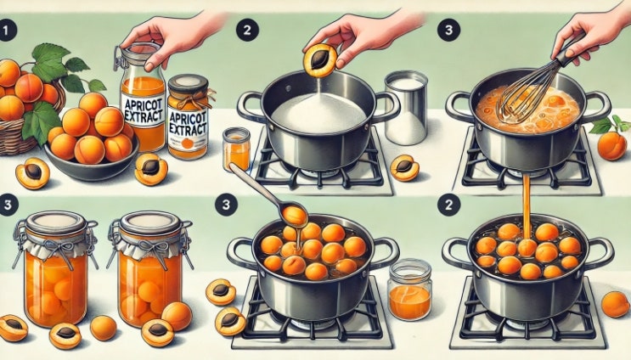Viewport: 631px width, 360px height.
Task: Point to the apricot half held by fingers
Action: pyautogui.click(x=320, y=60)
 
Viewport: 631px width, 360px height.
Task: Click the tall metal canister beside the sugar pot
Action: pyautogui.click(x=406, y=108)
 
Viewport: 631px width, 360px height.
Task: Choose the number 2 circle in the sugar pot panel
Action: pyautogui.click(x=246, y=31)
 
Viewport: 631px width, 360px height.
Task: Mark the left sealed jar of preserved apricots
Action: pyautogui.click(x=55, y=267)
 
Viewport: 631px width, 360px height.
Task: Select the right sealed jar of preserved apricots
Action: pyautogui.click(x=150, y=267)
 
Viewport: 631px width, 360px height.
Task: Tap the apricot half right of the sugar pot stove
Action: pyautogui.click(x=404, y=168)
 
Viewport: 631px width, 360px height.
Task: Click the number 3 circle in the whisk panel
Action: pyautogui.click(x=448, y=31)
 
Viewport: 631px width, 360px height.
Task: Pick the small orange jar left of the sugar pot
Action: pyautogui.click(x=237, y=149)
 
